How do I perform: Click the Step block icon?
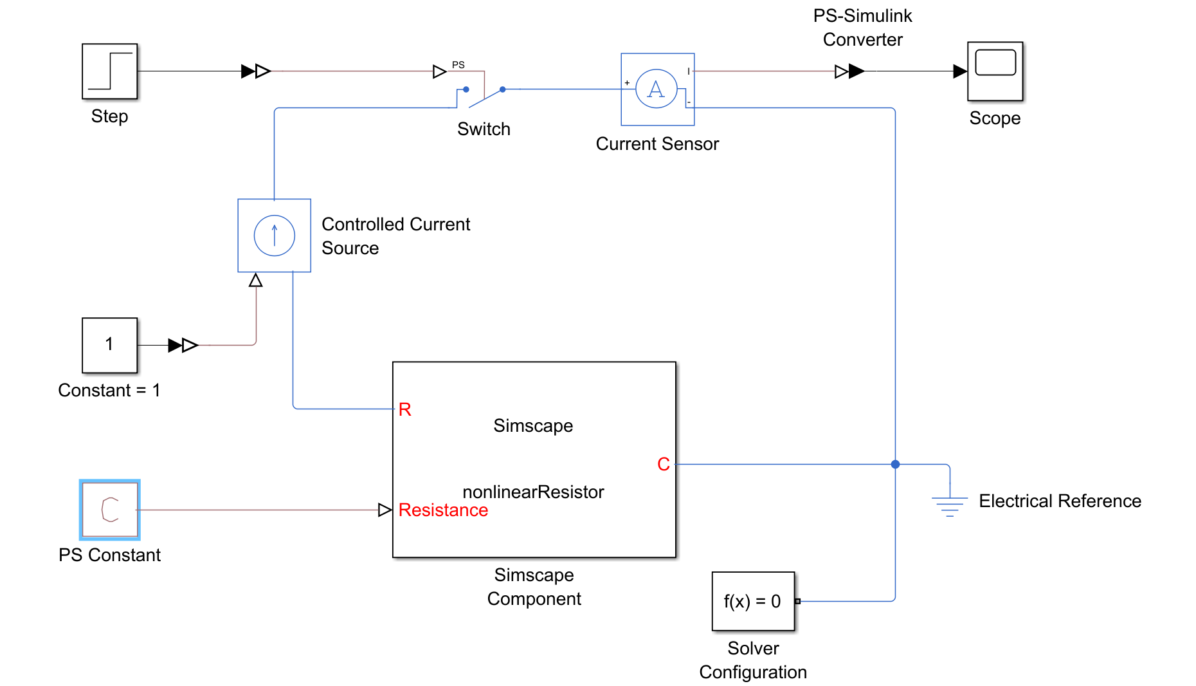point(109,71)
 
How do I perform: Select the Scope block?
point(995,71)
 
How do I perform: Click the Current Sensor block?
point(657,89)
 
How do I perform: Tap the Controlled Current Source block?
point(274,236)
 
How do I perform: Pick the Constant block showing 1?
point(109,345)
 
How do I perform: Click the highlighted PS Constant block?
point(110,510)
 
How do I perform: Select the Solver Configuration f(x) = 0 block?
point(753,601)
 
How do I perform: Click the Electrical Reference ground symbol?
point(950,505)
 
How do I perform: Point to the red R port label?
point(404,409)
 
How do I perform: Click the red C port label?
point(664,464)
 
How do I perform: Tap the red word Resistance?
point(443,510)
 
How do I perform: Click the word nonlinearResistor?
point(533,492)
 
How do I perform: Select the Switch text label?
point(484,129)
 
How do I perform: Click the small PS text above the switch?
point(458,64)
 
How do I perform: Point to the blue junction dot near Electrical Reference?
point(895,464)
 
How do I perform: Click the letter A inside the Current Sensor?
point(656,89)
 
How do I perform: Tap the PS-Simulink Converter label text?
point(862,28)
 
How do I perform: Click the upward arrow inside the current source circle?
point(275,235)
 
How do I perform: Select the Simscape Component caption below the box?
point(534,586)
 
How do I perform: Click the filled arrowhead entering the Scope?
point(959,71)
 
